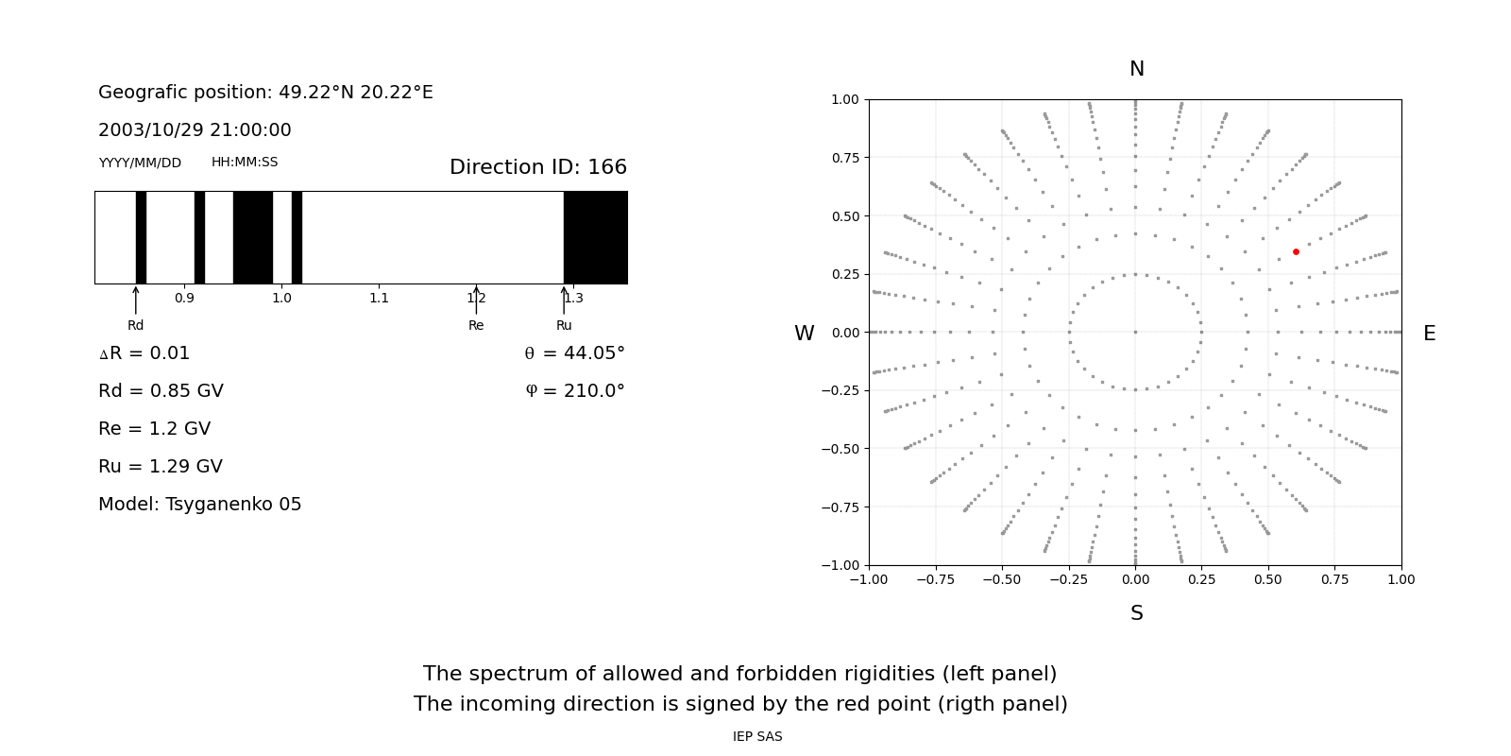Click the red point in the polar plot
click(1296, 251)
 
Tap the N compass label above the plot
click(1137, 69)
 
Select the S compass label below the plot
click(1137, 613)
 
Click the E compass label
click(1429, 334)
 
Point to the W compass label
click(805, 334)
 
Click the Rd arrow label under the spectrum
click(136, 326)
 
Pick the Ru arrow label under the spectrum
click(564, 326)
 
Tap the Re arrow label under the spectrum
click(476, 326)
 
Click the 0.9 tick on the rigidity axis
click(184, 299)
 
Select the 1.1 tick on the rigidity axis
click(379, 299)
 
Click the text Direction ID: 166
click(538, 167)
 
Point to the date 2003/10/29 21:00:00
click(195, 130)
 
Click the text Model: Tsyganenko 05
click(200, 505)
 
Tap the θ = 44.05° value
click(574, 353)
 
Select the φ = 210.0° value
click(575, 391)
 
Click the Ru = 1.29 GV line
click(161, 467)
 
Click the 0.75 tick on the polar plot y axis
click(845, 158)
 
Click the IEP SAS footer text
click(757, 737)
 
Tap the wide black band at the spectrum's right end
click(596, 237)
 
